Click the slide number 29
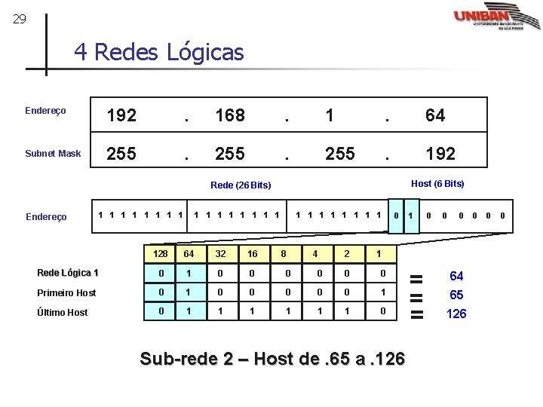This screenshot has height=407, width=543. [20, 19]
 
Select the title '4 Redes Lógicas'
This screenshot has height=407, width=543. [158, 52]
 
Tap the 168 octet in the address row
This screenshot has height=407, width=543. [229, 115]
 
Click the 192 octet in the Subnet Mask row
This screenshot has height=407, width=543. [440, 154]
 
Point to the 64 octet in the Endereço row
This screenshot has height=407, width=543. [435, 115]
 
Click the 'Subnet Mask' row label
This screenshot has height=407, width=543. [53, 154]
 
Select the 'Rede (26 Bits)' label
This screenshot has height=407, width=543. [241, 185]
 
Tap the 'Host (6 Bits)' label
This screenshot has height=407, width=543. [437, 183]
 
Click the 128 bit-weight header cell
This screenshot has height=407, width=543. [160, 254]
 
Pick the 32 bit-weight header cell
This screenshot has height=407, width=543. [219, 254]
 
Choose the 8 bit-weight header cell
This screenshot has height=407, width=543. [283, 254]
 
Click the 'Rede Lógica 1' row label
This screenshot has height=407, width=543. [68, 273]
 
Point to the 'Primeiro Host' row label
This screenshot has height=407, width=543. [66, 292]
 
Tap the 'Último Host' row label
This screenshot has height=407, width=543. [63, 312]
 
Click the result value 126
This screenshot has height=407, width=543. [456, 314]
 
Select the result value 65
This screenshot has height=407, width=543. [456, 295]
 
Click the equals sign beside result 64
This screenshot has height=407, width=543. [416, 277]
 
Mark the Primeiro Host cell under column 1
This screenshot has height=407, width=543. [383, 292]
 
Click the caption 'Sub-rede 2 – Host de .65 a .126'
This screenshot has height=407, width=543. [272, 359]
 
